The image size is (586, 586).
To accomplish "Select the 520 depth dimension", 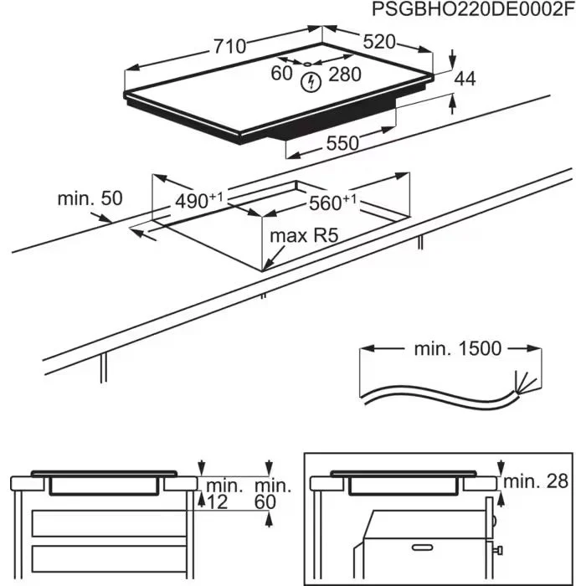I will (379, 42).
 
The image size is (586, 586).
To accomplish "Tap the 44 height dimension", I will (465, 79).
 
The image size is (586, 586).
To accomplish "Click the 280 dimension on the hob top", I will (344, 75).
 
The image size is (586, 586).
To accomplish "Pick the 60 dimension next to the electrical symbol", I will (281, 74).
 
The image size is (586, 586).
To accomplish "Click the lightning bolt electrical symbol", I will (311, 81).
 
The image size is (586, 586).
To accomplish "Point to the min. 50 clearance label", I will (90, 199).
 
